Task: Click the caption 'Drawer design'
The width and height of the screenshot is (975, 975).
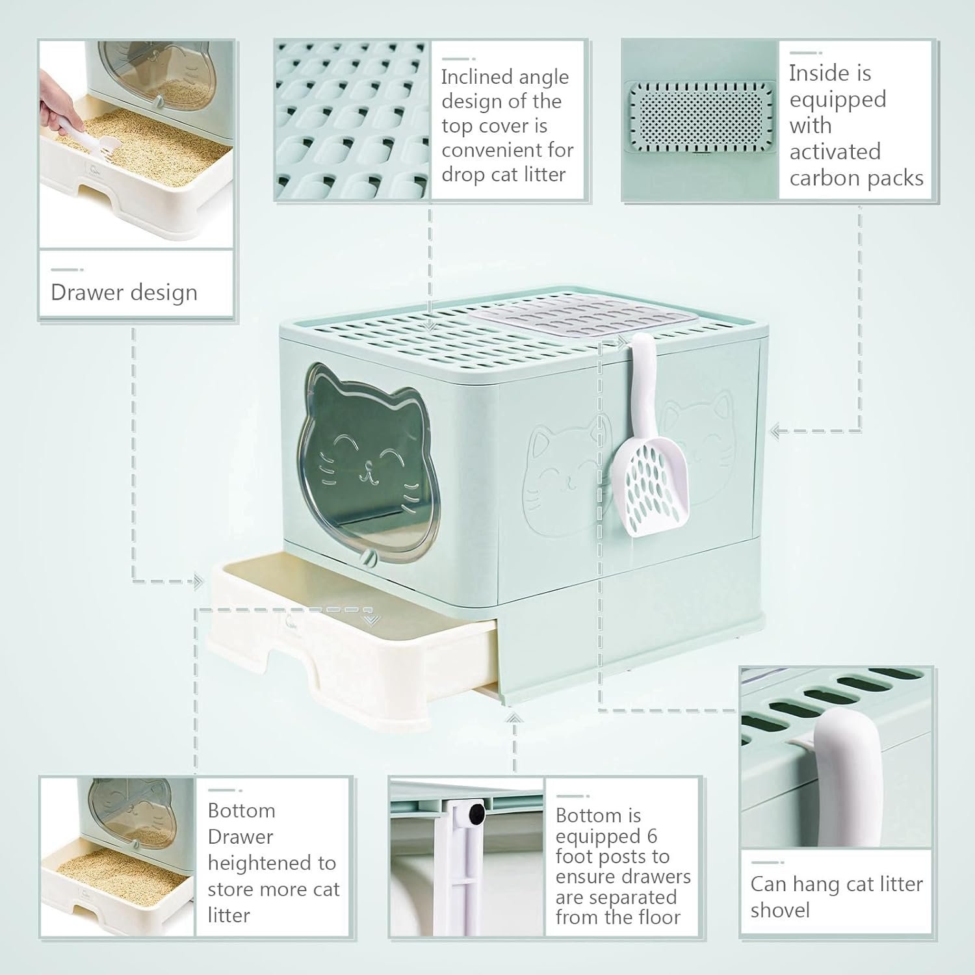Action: coord(124,292)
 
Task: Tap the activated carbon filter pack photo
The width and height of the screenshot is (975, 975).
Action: coord(700,117)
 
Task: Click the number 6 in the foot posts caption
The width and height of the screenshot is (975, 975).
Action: coord(652,836)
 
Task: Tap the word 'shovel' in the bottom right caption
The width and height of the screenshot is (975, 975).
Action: coord(780,910)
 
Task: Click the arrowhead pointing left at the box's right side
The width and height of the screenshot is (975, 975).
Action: coord(776,430)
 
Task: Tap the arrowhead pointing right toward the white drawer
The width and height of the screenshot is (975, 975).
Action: coord(199,581)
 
